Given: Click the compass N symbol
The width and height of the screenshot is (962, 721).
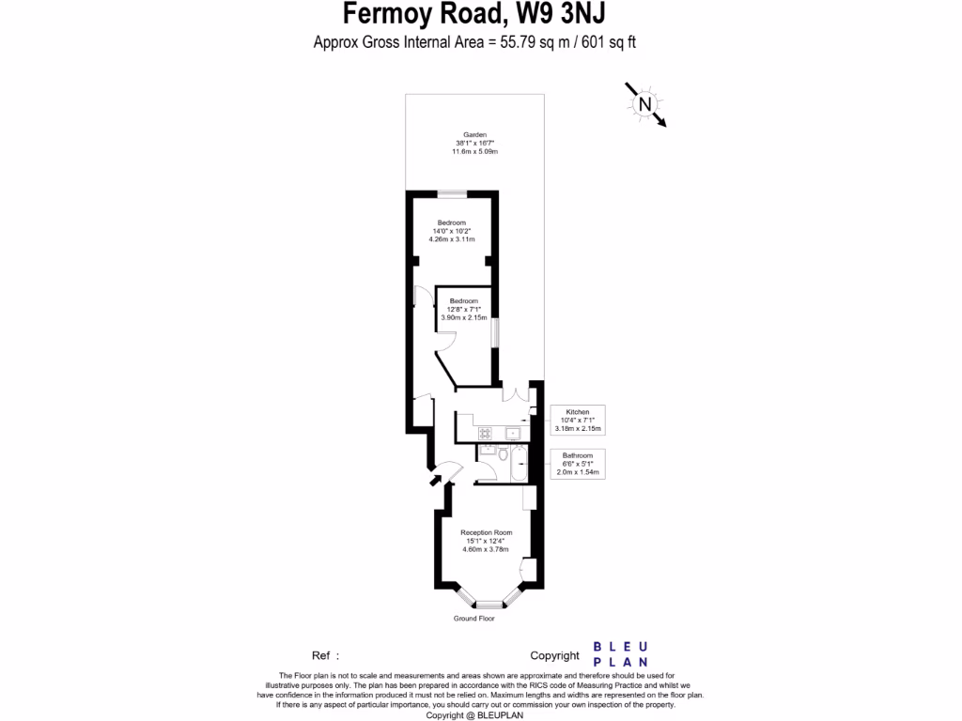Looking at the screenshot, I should click(645, 103).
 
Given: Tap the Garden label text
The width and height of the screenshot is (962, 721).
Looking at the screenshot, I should click(473, 135).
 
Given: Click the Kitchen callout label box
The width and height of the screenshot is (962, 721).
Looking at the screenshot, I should click(578, 420).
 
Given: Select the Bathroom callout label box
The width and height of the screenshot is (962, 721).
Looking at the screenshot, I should click(578, 464).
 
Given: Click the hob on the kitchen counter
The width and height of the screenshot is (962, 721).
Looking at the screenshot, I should click(486, 433).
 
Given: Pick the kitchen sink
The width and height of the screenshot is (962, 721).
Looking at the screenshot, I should click(514, 433).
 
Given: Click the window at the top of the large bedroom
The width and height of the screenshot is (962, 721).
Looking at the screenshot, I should click(452, 194).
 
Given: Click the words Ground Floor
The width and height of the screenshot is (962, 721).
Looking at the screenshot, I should click(473, 619).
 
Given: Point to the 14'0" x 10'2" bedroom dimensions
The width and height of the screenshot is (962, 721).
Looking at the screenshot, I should click(451, 231).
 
